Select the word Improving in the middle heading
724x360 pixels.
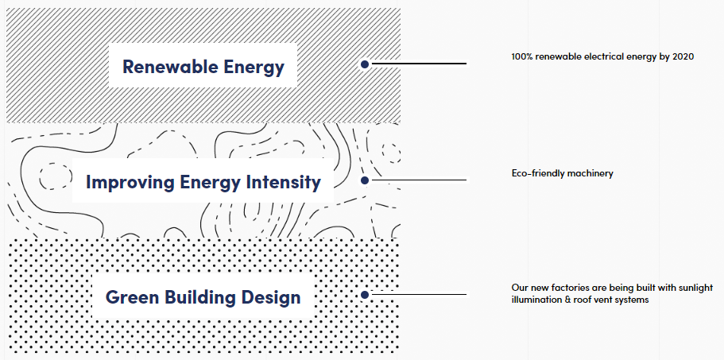(x=130, y=182)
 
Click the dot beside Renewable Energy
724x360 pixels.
(x=365, y=64)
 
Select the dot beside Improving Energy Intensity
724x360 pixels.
(x=365, y=180)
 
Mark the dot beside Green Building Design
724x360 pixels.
(x=365, y=295)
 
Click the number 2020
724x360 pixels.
(x=683, y=56)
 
